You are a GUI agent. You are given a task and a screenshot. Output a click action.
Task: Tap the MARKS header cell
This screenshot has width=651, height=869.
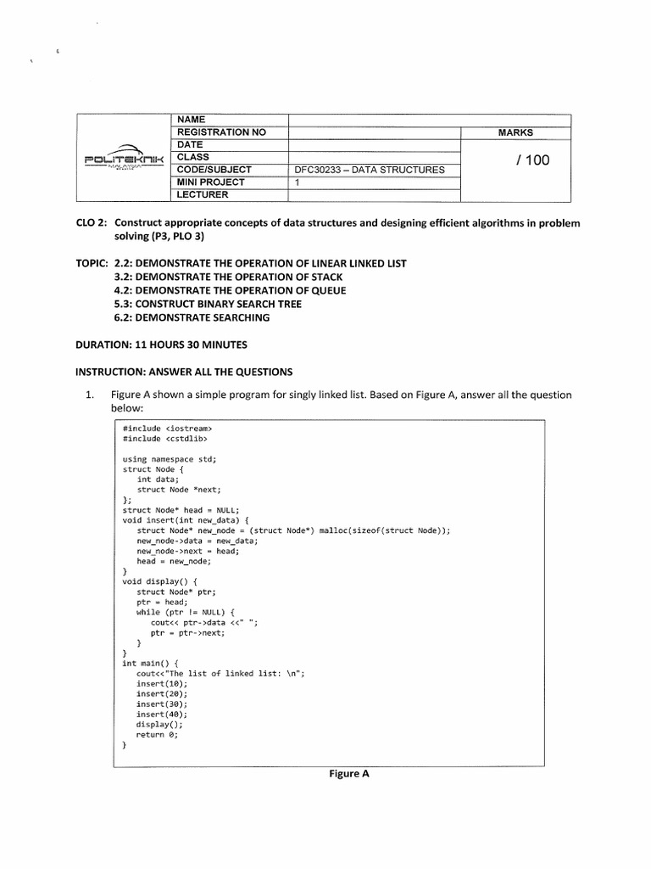(x=515, y=132)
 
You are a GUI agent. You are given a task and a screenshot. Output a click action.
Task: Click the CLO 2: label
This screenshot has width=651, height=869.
(x=92, y=222)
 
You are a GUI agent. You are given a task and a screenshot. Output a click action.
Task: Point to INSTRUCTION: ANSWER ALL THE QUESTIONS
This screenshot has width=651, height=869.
(x=185, y=372)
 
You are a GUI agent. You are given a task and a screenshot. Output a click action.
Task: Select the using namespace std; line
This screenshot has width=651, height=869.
(x=170, y=459)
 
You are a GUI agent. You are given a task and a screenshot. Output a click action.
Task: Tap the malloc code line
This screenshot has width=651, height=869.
(x=293, y=530)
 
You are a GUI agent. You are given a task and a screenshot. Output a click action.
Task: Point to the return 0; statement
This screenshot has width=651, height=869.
(x=158, y=735)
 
